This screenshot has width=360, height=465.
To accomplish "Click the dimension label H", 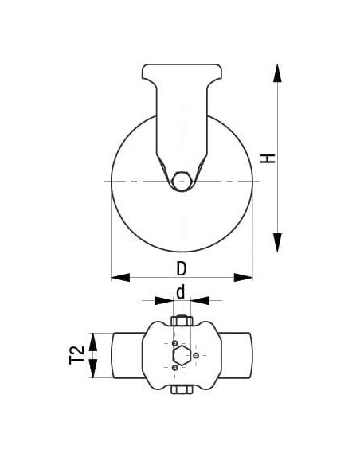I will pyautogui.click(x=271, y=158).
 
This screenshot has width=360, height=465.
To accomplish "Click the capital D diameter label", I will pyautogui.click(x=182, y=267).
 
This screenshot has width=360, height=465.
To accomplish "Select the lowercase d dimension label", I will pyautogui.click(x=182, y=292).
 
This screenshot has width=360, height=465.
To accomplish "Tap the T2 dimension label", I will pyautogui.click(x=77, y=355).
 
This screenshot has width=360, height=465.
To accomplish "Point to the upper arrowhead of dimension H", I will pyautogui.click(x=277, y=72).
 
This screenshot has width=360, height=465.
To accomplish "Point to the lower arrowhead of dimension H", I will pyautogui.click(x=277, y=242).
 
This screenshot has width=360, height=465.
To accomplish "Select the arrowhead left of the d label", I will pyautogui.click(x=162, y=301).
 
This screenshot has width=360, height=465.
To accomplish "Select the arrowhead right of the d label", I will pyautogui.click(x=200, y=301).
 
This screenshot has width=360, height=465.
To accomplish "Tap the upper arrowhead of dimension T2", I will pyautogui.click(x=95, y=341).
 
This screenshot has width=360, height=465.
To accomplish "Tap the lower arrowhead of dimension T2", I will pyautogui.click(x=95, y=370).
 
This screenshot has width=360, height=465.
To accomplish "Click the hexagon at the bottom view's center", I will pyautogui.click(x=182, y=355).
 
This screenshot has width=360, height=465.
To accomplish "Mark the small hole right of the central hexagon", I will pyautogui.click(x=198, y=355).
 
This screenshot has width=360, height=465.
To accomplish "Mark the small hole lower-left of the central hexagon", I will pyautogui.click(x=174, y=368).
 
